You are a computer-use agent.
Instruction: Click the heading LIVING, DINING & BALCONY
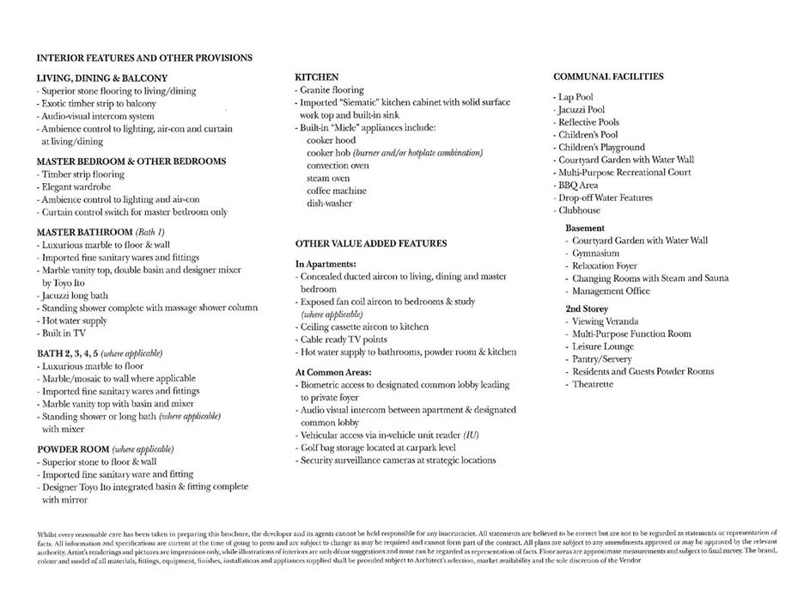click(101, 78)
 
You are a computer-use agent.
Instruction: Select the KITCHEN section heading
click(316, 77)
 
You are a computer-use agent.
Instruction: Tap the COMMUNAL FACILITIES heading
click(608, 76)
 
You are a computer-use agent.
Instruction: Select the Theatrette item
click(592, 384)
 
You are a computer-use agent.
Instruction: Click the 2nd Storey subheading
click(587, 308)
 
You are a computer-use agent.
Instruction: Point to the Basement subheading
click(585, 229)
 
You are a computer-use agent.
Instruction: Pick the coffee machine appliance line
click(336, 191)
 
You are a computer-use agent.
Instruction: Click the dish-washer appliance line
click(329, 204)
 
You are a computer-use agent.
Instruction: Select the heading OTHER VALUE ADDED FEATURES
click(371, 243)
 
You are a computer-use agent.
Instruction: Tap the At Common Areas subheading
click(333, 373)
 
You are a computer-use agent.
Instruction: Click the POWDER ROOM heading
click(73, 449)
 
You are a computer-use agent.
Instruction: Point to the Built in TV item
click(62, 333)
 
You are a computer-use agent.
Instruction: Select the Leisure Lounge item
click(602, 346)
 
